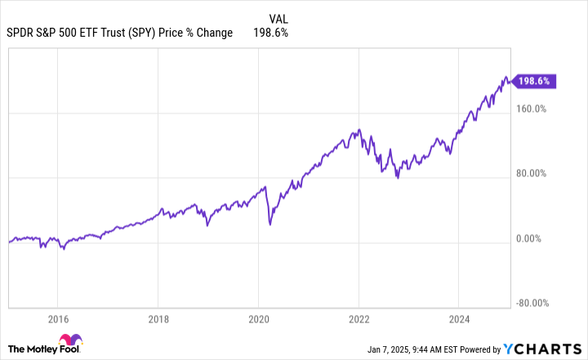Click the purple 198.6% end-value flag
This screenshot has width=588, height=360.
[535, 81]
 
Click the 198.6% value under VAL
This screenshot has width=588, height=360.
[273, 33]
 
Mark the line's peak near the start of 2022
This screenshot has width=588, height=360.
[359, 129]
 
